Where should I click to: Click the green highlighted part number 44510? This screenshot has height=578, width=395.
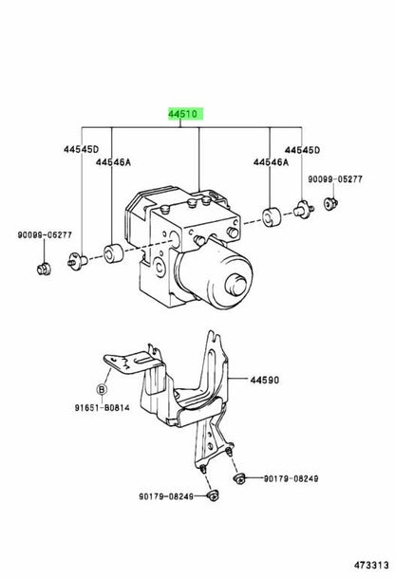(x=185, y=114)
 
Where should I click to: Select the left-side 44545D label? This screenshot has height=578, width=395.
(x=81, y=149)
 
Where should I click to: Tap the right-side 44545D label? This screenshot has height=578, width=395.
(x=302, y=150)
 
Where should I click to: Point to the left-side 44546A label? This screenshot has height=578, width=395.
(x=114, y=162)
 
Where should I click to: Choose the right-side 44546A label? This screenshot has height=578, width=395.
(x=271, y=162)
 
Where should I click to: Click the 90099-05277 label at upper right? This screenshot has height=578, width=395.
(x=335, y=179)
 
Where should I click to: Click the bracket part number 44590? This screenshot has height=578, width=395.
(x=264, y=380)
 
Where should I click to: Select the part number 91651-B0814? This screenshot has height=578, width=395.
(x=103, y=407)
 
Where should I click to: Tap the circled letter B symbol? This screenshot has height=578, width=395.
(x=102, y=389)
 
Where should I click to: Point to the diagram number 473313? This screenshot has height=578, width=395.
(x=372, y=565)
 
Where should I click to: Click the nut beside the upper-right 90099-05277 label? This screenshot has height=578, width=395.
(x=330, y=204)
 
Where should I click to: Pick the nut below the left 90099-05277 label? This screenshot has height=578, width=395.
(x=44, y=269)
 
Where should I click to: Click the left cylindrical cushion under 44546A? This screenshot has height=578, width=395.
(x=113, y=253)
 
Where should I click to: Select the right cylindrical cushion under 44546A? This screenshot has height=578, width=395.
(x=272, y=217)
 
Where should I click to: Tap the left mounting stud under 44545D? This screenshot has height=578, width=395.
(x=77, y=259)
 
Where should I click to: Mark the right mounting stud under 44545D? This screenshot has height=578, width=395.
(x=304, y=209)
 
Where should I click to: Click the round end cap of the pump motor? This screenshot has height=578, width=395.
(x=236, y=285)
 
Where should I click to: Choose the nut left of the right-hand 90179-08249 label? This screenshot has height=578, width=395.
(x=239, y=479)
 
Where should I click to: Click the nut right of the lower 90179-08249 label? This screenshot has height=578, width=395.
(x=214, y=495)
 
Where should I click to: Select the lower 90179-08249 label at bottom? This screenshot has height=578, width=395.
(x=166, y=496)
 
